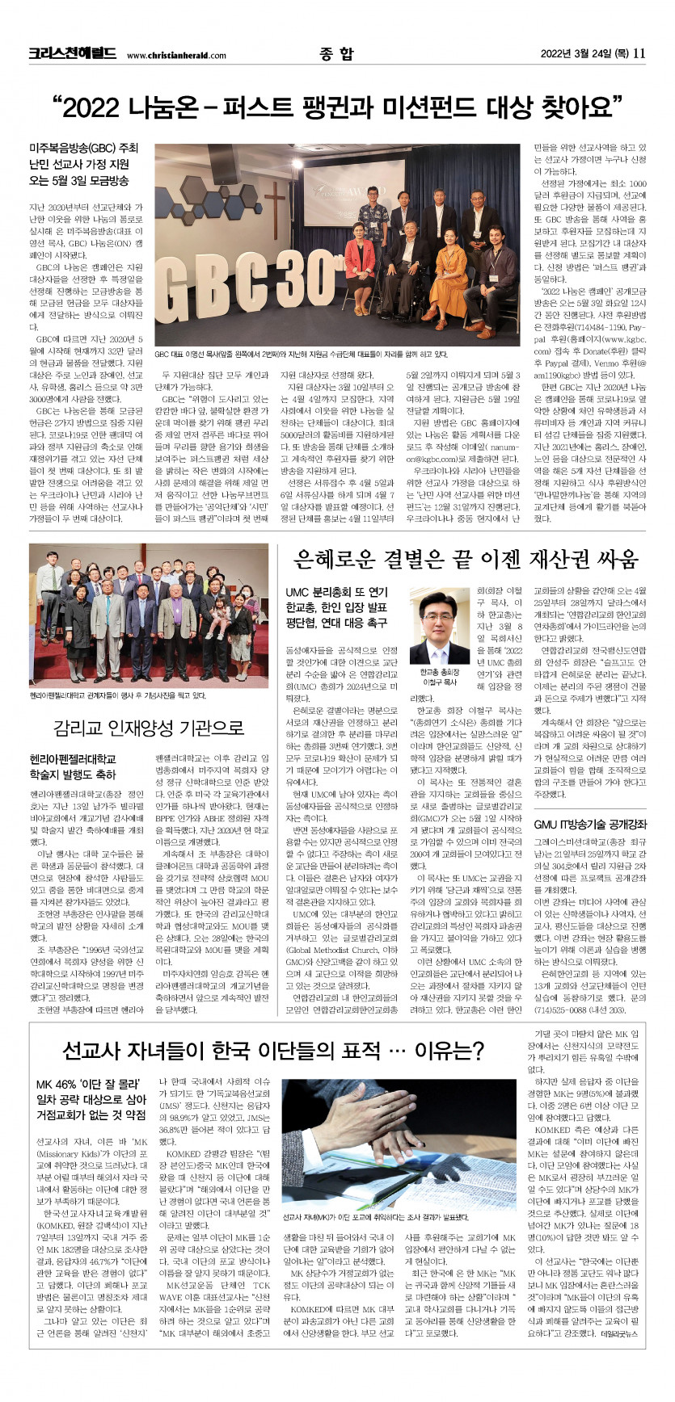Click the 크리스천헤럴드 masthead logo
pos(73,54)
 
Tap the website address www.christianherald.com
pos(176,56)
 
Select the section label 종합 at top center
pos(336,54)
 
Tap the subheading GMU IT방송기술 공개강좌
pos(590,825)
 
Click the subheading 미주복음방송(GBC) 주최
pos(84,149)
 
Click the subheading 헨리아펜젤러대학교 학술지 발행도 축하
pos(73,766)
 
